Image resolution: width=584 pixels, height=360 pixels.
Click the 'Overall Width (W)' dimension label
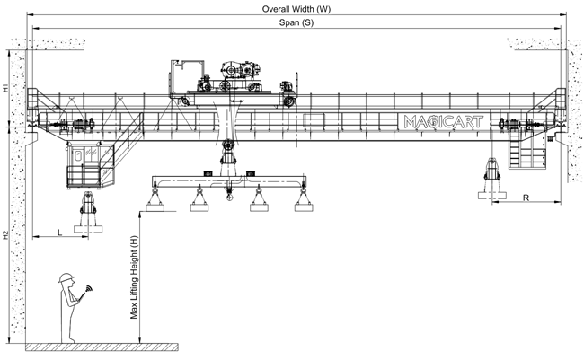tap(296, 9)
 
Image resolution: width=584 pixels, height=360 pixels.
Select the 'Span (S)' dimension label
tap(296, 22)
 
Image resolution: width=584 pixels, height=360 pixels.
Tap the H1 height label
tap(5, 88)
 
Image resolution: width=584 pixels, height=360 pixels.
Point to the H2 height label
tap(5, 235)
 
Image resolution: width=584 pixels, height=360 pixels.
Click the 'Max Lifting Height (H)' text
tap(134, 277)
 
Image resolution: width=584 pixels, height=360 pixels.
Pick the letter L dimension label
tap(59, 233)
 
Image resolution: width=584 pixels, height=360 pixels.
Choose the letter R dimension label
tap(526, 198)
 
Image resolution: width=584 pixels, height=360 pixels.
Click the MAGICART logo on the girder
tap(444, 122)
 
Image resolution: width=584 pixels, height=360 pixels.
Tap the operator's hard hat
tap(66, 277)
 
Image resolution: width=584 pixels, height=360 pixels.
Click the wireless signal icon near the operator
tap(89, 288)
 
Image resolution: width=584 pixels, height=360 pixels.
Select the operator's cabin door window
tap(78, 155)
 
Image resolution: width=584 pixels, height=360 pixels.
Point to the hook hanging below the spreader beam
tap(229, 194)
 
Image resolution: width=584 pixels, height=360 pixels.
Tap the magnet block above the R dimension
tap(492, 195)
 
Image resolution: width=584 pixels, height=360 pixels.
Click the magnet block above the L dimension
tap(88, 229)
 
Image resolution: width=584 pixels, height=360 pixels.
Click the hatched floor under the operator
tap(102, 347)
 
